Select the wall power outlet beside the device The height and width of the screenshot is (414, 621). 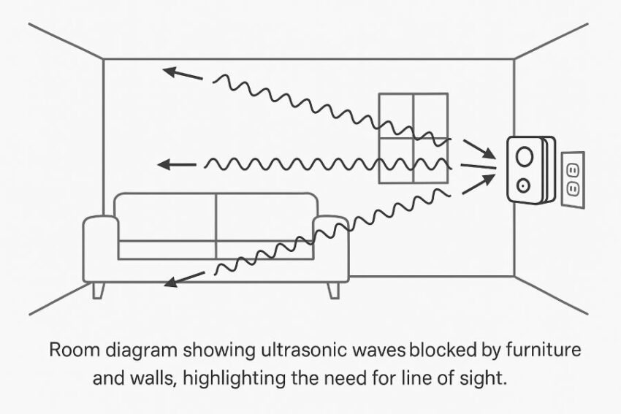click(x=573, y=179)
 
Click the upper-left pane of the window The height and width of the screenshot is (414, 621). click(x=395, y=115)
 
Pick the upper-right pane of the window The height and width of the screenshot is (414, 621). click(x=430, y=115)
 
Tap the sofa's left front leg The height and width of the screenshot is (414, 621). click(x=99, y=290)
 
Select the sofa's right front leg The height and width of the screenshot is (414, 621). click(x=334, y=290)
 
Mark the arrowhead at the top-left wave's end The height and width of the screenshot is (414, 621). click(x=170, y=72)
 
